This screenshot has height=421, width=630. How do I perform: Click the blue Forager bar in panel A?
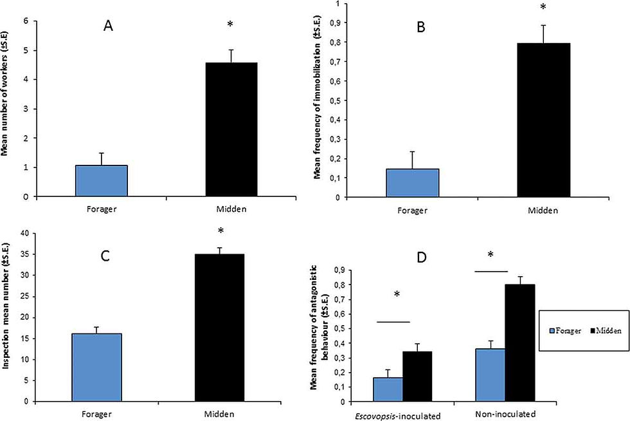101,181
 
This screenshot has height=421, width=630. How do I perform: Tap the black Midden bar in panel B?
543,120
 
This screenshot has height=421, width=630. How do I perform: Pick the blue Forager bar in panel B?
412,183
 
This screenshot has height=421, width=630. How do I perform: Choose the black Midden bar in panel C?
219,327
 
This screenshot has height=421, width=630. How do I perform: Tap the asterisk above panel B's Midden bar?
543,8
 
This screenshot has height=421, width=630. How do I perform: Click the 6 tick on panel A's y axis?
26,21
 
